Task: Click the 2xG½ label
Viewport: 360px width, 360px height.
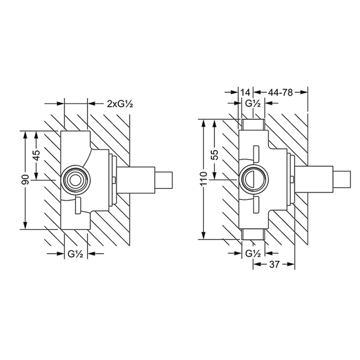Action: (x=121, y=104)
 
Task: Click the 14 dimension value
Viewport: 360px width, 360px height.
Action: (x=246, y=93)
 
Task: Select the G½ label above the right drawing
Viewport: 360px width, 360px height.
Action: (x=253, y=104)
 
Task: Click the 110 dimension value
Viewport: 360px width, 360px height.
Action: (x=203, y=179)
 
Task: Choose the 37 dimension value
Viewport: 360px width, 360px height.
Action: (x=274, y=265)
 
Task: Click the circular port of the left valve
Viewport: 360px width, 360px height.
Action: (x=75, y=178)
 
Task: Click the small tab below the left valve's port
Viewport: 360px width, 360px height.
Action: (x=78, y=206)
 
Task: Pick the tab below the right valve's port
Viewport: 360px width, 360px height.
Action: (x=256, y=204)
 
